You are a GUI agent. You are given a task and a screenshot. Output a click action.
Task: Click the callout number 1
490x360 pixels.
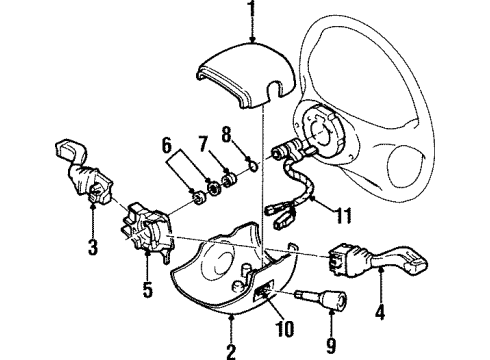[253, 12]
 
